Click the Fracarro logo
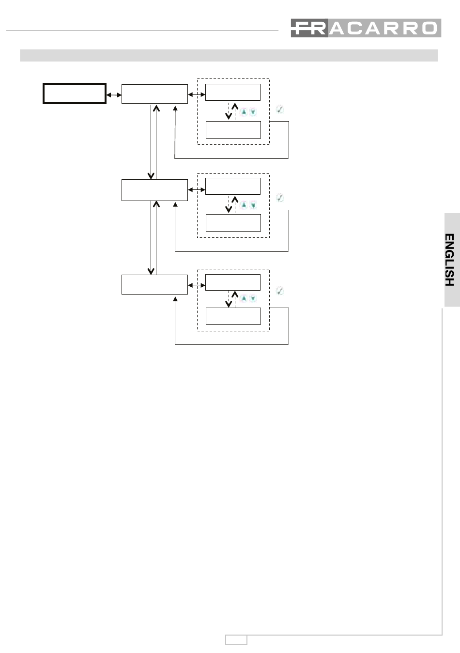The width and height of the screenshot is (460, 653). coord(366,28)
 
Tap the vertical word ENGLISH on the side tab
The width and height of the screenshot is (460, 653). coord(449,260)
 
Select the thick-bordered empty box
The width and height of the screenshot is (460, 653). coord(74,93)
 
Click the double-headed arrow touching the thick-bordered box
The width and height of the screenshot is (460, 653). coord(114,95)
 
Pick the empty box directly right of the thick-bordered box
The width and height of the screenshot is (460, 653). coord(154,94)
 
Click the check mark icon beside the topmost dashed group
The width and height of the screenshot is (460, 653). coord(280,109)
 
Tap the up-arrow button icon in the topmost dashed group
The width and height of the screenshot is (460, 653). coord(244,112)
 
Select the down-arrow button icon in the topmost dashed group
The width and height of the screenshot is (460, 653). coord(253,112)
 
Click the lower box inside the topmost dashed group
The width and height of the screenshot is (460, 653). coord(233,130)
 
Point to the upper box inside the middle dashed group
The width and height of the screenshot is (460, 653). coord(233,187)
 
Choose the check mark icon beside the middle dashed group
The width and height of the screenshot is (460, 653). coord(280,198)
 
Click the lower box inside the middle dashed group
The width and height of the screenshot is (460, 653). coord(233,223)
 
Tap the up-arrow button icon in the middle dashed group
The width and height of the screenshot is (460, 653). coord(244,205)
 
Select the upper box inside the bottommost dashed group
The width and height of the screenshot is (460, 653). coord(233,282)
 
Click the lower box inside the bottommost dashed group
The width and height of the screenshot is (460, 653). coord(233,316)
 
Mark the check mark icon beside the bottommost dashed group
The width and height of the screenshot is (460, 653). coord(280,291)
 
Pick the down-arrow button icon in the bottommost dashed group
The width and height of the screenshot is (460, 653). coord(253,298)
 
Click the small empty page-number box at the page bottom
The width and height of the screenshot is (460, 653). coord(236,640)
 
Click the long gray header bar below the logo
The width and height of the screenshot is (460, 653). coord(229,55)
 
